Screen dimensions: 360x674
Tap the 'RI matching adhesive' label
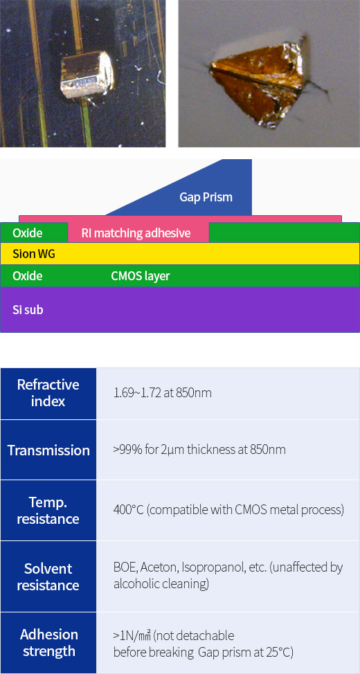point(136,233)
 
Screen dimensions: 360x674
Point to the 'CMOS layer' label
point(141,275)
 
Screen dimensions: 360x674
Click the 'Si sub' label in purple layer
point(28,309)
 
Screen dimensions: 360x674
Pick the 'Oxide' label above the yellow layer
point(28,233)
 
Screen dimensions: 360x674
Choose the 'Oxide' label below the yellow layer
point(28,275)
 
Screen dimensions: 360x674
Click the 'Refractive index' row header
point(48,393)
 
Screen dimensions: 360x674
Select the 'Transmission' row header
point(48,450)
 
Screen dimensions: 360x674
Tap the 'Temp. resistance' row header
point(48,510)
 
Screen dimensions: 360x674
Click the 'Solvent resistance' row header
point(48,576)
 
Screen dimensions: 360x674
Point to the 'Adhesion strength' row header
point(49,643)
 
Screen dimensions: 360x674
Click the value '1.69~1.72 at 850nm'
point(163,393)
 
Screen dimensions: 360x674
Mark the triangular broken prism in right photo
point(260,80)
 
